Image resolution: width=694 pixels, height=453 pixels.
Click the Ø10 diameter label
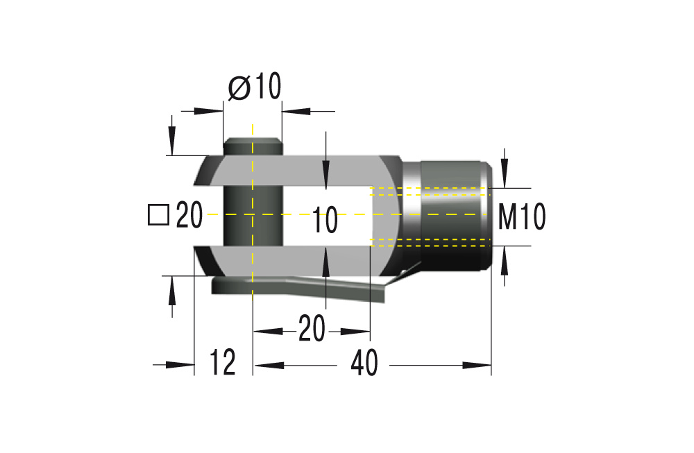click(254, 87)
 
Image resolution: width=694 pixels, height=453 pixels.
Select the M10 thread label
click(522, 217)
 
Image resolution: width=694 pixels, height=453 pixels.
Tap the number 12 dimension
click(223, 363)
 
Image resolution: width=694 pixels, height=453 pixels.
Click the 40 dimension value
click(364, 363)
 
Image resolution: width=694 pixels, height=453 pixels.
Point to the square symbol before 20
click(158, 215)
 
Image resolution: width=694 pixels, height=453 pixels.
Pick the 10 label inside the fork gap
click(324, 221)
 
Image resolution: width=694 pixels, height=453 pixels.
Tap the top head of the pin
click(253, 146)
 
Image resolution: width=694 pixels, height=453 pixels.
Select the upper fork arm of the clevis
click(305, 171)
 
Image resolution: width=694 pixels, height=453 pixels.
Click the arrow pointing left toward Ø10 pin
click(295, 110)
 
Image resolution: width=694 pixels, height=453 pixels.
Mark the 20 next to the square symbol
click(188, 216)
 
